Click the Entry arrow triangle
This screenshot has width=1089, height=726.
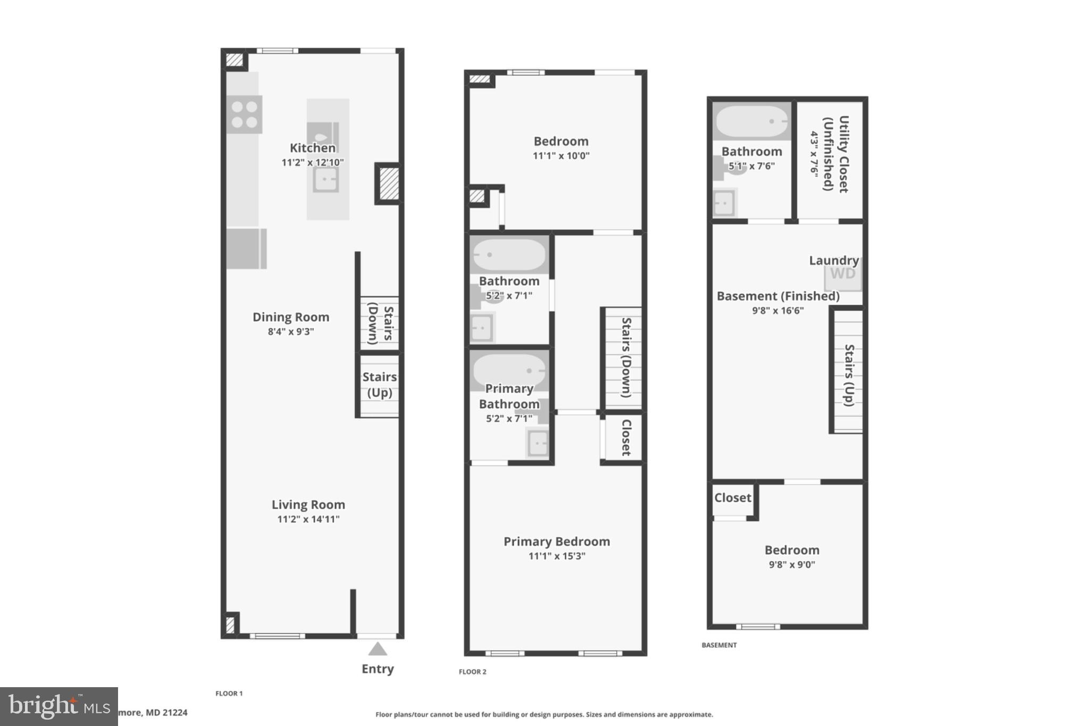click(x=378, y=649)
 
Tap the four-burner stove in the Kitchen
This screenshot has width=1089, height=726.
click(x=244, y=114)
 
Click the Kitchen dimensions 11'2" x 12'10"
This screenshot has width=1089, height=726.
click(x=313, y=162)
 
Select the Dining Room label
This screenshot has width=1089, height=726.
click(x=291, y=317)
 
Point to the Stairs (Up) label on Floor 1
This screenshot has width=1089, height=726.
click(x=380, y=385)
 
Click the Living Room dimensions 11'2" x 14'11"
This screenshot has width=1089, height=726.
click(x=308, y=519)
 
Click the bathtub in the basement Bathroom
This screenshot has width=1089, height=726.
click(x=751, y=121)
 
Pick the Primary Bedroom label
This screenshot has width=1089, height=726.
click(x=557, y=541)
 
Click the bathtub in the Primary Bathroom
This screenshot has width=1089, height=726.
click(x=509, y=370)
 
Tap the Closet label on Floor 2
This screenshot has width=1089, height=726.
click(x=626, y=437)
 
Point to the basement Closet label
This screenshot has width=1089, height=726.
click(x=733, y=498)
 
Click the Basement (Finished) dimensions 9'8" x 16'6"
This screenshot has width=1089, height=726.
click(x=778, y=311)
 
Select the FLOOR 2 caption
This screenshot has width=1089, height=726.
click(x=473, y=672)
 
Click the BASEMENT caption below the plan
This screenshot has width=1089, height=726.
click(x=719, y=645)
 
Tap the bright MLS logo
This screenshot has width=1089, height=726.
click(x=58, y=706)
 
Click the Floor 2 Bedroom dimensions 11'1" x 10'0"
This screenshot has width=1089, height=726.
click(x=561, y=156)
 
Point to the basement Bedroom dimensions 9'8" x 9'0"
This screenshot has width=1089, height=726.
click(x=792, y=565)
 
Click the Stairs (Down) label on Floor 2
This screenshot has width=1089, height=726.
click(x=626, y=357)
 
